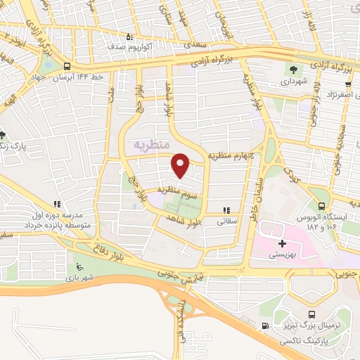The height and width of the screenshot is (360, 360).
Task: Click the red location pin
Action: [x=181, y=166]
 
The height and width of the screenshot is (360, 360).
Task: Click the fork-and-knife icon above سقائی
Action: [x=226, y=210]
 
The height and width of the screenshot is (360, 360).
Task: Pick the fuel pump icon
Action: [x=264, y=326]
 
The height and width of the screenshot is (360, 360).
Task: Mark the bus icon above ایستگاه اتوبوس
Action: [x=321, y=207]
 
